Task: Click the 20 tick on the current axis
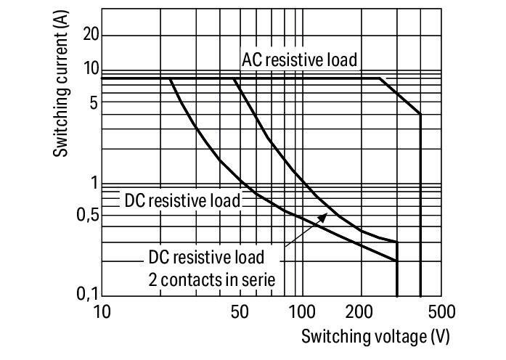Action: pyautogui.click(x=91, y=34)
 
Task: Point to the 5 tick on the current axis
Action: pyautogui.click(x=94, y=104)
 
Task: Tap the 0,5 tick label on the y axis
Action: pyautogui.click(x=88, y=215)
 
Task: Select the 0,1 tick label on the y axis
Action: pyautogui.click(x=88, y=293)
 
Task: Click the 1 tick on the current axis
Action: pyautogui.click(x=94, y=183)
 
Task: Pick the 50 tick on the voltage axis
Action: pyautogui.click(x=240, y=312)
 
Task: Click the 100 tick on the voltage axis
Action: pyautogui.click(x=302, y=312)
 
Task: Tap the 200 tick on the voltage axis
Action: pyautogui.click(x=359, y=312)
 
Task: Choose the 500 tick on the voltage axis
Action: pyautogui.click(x=442, y=312)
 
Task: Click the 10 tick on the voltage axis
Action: pyautogui.click(x=102, y=312)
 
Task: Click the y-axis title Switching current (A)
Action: pyautogui.click(x=61, y=84)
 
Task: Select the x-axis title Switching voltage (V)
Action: pyautogui.click(x=375, y=337)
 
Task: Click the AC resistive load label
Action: pyautogui.click(x=300, y=60)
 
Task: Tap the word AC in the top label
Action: pyautogui.click(x=252, y=60)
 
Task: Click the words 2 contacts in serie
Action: pyautogui.click(x=212, y=279)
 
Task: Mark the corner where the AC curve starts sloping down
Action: pyautogui.click(x=380, y=78)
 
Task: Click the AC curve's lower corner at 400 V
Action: pyautogui.click(x=420, y=114)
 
